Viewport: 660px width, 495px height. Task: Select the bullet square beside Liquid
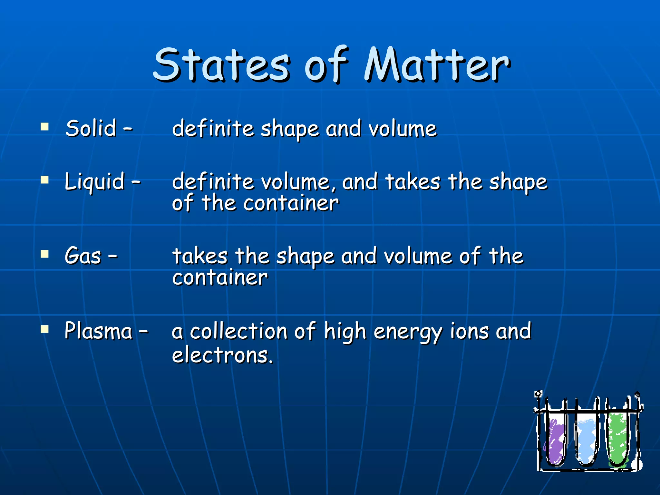click(x=44, y=180)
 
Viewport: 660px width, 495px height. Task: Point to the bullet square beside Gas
click(x=44, y=254)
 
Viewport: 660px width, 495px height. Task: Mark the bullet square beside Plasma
click(x=44, y=329)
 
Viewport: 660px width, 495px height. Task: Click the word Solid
click(x=91, y=128)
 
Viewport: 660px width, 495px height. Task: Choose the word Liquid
click(x=95, y=182)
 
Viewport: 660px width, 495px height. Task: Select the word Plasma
click(x=98, y=331)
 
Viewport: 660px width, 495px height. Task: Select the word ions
click(x=469, y=331)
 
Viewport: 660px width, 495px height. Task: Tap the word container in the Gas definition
click(x=220, y=277)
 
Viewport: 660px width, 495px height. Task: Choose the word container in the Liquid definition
click(x=291, y=203)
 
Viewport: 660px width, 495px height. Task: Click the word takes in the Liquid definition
click(x=413, y=182)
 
